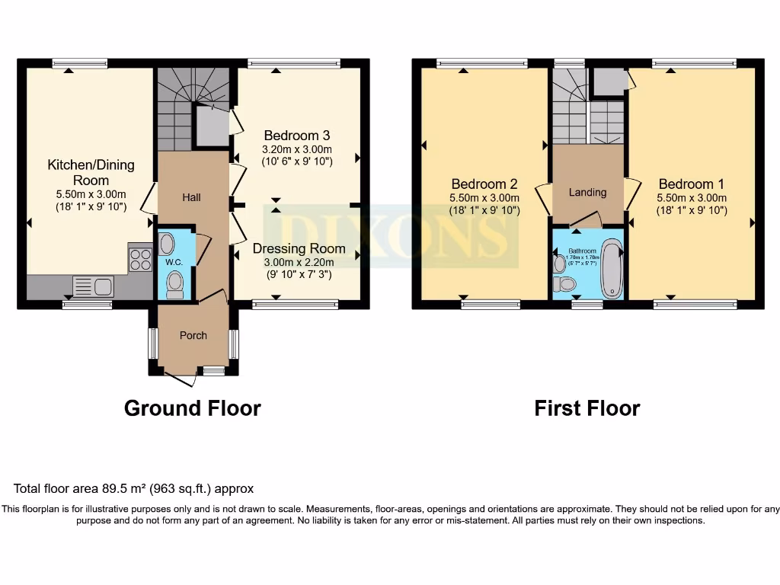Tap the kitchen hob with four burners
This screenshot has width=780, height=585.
point(140,261)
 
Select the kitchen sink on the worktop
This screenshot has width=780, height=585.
point(94,286)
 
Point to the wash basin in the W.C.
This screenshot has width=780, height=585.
point(168,244)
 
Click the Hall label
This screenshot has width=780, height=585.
point(191,197)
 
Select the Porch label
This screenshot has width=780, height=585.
point(193,335)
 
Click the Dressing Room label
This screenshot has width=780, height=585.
point(299,248)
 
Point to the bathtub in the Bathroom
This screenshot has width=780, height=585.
point(611,269)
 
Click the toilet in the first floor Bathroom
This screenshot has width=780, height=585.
point(564,284)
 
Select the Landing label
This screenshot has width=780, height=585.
point(587,193)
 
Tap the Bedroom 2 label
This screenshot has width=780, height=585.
point(484,184)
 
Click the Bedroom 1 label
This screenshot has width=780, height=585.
point(692,184)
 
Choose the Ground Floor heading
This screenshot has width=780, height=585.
point(192,408)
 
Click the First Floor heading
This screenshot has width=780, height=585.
point(587,408)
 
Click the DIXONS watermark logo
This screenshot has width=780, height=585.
point(390,235)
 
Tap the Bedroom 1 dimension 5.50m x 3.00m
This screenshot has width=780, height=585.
point(692,197)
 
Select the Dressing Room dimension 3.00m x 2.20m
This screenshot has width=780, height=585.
point(299,262)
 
